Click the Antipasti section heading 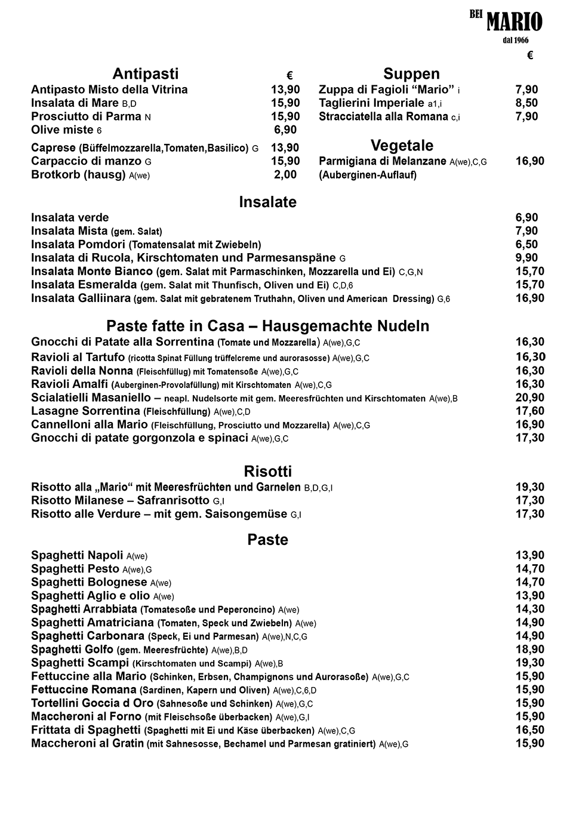(x=146, y=74)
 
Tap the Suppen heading (x=411, y=74)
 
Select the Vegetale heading (x=402, y=146)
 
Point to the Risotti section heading (x=267, y=472)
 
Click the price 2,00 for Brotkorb (x=285, y=175)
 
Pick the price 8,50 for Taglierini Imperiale (x=526, y=103)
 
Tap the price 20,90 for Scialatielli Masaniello (x=529, y=398)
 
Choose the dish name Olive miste (x=63, y=130)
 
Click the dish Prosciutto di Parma (x=87, y=117)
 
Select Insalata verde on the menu (x=70, y=218)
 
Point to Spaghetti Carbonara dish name (x=88, y=636)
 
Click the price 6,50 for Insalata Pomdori (x=526, y=245)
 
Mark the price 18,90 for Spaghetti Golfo (x=529, y=649)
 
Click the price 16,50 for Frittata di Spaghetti (x=529, y=730)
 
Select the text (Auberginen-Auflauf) (x=368, y=176)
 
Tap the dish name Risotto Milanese (x=120, y=501)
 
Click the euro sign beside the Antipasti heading (x=289, y=76)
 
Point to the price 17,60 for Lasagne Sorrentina (x=529, y=411)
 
